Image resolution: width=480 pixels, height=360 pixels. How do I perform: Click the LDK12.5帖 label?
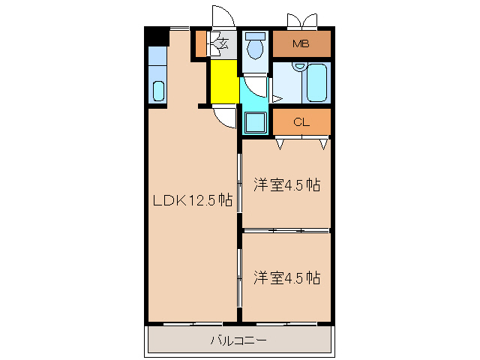(x=192, y=201)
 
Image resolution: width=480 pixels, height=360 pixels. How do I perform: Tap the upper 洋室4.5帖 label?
(x=286, y=184)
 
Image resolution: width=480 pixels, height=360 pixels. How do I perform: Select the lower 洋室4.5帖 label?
(x=286, y=277)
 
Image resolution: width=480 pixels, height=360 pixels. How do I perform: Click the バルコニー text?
(x=238, y=340)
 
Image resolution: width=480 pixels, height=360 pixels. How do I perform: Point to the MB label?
(x=301, y=43)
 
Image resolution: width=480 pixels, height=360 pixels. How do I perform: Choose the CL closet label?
(x=301, y=121)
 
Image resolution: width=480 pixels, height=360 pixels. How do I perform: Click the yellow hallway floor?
(x=223, y=82)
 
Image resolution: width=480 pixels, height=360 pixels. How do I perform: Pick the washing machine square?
(x=255, y=122)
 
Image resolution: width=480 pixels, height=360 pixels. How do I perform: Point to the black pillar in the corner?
(x=157, y=36)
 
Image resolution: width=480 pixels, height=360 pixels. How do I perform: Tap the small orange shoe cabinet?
(x=200, y=43)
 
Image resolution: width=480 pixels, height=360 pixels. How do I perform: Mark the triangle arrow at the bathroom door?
(x=276, y=98)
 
